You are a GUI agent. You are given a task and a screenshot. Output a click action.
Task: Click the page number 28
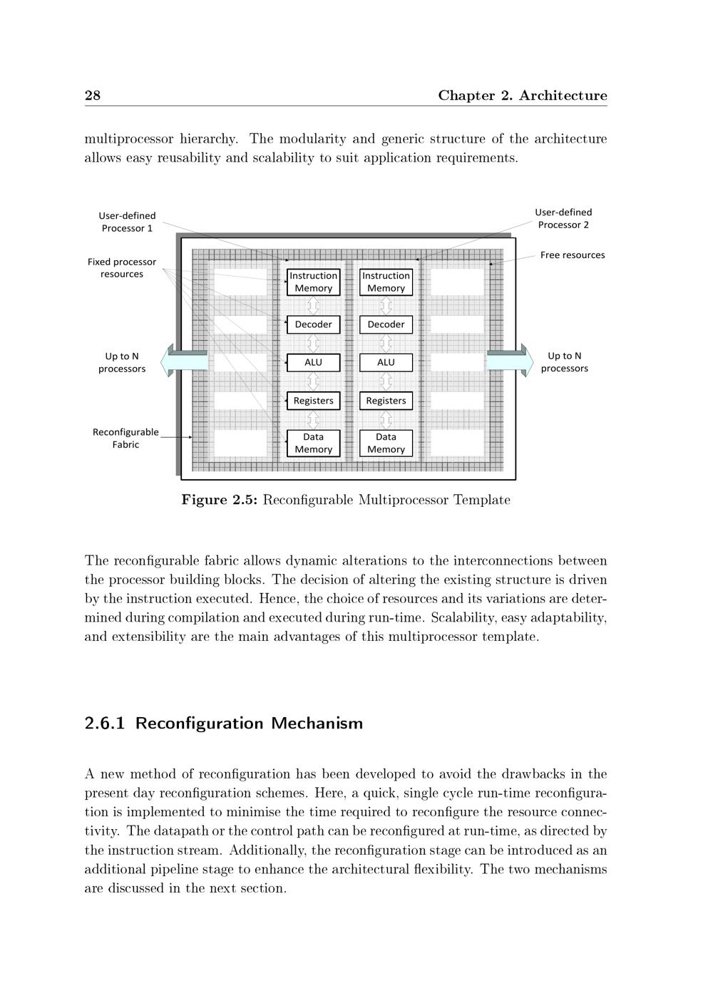click(x=93, y=96)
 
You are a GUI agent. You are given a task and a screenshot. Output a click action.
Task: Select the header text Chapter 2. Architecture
click(x=522, y=96)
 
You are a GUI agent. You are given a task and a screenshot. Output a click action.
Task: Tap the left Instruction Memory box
click(x=313, y=282)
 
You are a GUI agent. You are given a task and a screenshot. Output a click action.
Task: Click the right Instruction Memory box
click(x=386, y=282)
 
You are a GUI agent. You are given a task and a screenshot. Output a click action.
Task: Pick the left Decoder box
click(x=313, y=324)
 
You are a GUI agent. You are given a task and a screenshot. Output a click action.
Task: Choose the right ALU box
click(x=386, y=362)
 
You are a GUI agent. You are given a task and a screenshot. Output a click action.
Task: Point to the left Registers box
click(x=313, y=401)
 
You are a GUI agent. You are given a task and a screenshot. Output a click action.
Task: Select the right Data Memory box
click(x=386, y=443)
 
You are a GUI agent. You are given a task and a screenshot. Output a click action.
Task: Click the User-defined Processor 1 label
click(x=127, y=222)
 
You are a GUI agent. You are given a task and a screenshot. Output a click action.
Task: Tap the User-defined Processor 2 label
click(x=563, y=218)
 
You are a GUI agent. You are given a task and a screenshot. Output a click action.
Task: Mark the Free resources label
click(x=572, y=255)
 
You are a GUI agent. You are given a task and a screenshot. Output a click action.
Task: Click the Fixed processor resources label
click(x=121, y=268)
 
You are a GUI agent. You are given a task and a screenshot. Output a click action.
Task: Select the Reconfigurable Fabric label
click(x=125, y=438)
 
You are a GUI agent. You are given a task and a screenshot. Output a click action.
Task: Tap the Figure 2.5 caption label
click(x=219, y=500)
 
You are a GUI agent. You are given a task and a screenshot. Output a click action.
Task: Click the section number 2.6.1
click(x=104, y=724)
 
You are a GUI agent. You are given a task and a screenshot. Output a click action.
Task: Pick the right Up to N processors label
click(x=564, y=362)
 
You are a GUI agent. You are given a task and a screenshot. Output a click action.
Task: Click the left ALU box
click(x=313, y=362)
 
